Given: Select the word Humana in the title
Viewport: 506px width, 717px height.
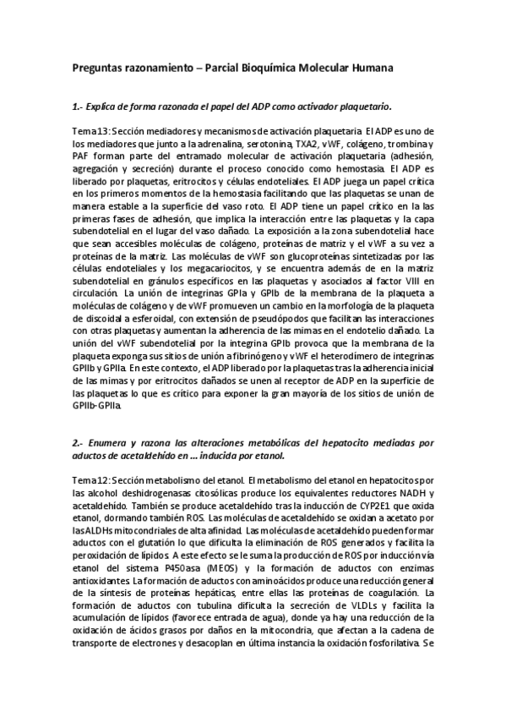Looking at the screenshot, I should (367, 67).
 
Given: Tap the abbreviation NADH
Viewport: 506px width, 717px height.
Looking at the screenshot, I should (409, 491).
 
